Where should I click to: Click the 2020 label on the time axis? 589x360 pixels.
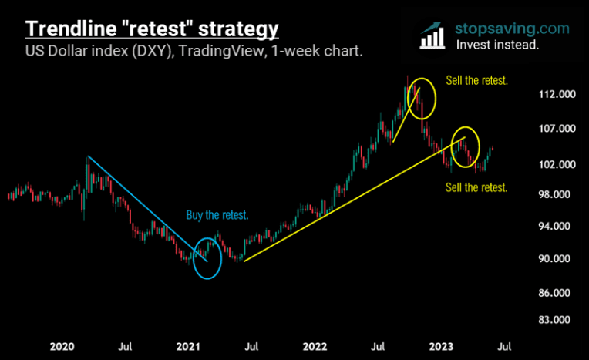tap(62, 346)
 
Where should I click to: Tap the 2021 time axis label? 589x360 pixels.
tap(190, 346)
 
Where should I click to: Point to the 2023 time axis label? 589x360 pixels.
tap(442, 346)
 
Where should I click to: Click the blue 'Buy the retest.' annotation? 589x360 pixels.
tap(217, 216)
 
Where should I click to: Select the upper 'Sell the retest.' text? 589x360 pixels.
tap(477, 80)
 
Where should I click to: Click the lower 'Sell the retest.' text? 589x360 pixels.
tap(477, 187)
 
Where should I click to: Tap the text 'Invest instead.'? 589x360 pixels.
tap(497, 45)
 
